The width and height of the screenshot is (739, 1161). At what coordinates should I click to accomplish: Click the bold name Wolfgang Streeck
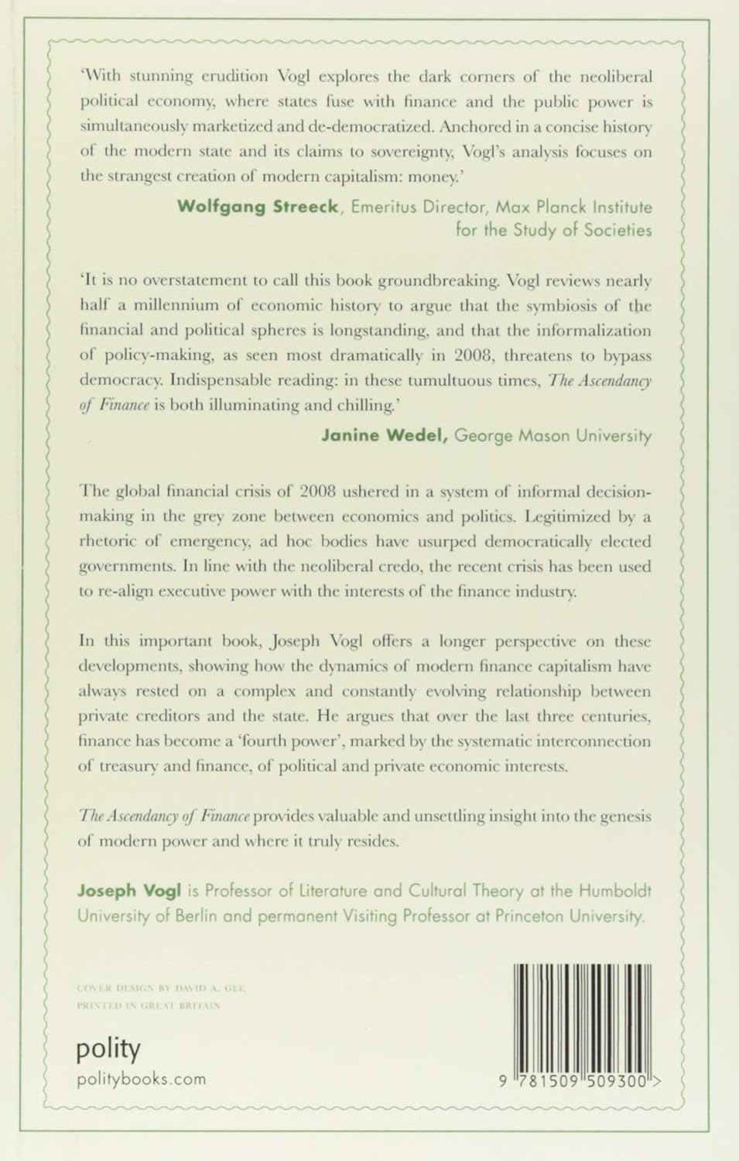pyautogui.click(x=258, y=207)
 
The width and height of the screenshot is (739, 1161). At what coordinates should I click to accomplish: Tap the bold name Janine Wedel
pyautogui.click(x=385, y=436)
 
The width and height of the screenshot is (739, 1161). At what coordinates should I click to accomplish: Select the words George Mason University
pyautogui.click(x=553, y=436)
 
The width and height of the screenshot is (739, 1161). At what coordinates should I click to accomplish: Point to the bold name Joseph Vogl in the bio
pyautogui.click(x=128, y=891)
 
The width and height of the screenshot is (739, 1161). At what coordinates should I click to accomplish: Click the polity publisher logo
pyautogui.click(x=108, y=1050)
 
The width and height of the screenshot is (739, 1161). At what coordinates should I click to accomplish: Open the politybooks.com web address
pyautogui.click(x=142, y=1079)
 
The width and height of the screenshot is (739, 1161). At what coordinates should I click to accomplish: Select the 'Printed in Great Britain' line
pyautogui.click(x=149, y=1006)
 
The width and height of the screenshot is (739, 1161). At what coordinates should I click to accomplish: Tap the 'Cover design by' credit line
pyautogui.click(x=162, y=988)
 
